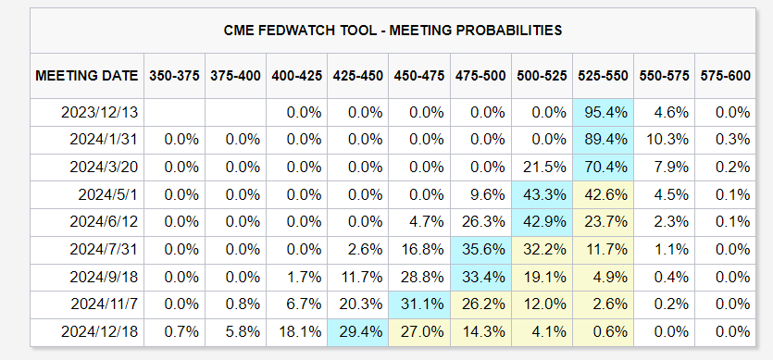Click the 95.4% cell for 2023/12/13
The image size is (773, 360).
[603, 112]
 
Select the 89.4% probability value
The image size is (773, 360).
[603, 140]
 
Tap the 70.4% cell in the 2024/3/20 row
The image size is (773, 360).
[603, 168]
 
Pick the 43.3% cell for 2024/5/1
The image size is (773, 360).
[542, 194]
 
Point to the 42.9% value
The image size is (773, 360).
[542, 222]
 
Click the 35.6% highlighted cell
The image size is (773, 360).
[480, 250]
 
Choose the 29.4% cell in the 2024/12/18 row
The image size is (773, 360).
[358, 332]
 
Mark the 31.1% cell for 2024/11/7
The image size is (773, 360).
[419, 304]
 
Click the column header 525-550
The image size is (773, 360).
[603, 76]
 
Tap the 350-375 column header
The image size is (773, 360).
[175, 76]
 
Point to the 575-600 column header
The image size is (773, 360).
[725, 76]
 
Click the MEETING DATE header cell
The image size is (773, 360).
[87, 76]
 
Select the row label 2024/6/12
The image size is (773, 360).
[104, 222]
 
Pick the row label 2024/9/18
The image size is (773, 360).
[104, 277]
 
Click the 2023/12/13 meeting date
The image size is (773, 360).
[100, 112]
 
